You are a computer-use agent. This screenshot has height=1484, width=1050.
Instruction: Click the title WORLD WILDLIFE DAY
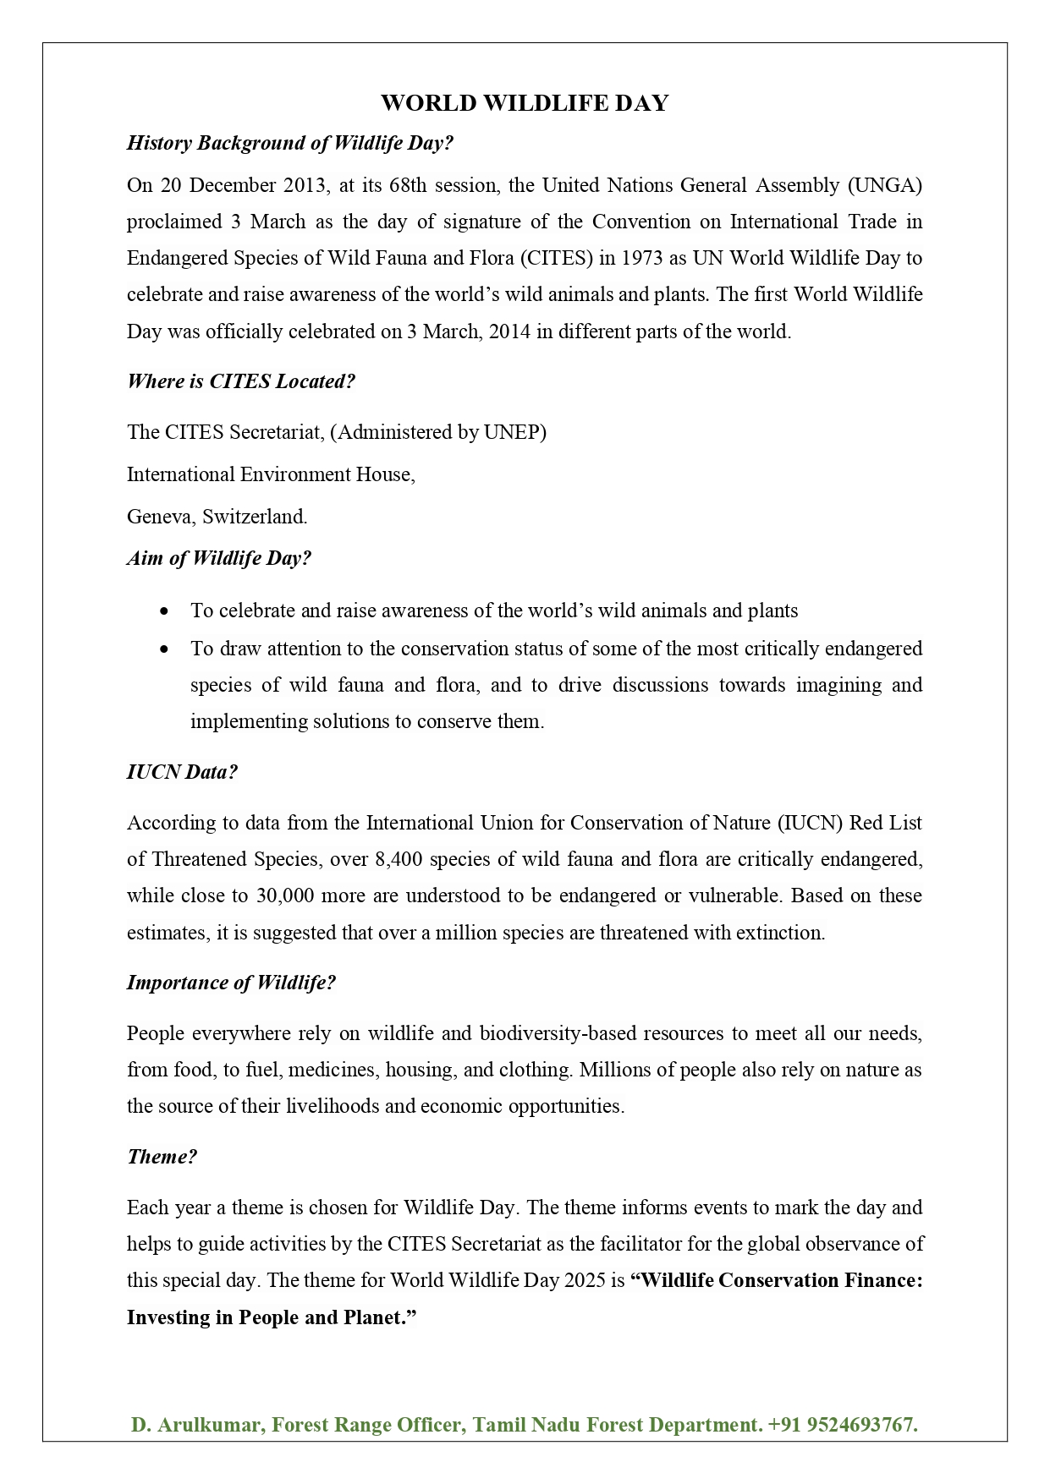[x=525, y=103]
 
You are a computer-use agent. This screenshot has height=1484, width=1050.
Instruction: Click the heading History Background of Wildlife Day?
[x=290, y=143]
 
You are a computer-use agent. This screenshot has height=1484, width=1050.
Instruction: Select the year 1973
[x=643, y=258]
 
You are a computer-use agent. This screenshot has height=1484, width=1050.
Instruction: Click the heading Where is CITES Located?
[x=241, y=381]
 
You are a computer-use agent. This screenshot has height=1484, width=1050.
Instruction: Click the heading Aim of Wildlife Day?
[x=219, y=558]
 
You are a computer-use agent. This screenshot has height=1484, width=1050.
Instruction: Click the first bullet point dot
[x=164, y=611]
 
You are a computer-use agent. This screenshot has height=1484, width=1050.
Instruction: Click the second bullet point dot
[x=164, y=649]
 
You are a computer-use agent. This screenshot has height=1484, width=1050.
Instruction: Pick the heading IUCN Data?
[x=182, y=772]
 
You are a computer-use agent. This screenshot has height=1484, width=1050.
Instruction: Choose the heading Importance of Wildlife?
[x=231, y=983]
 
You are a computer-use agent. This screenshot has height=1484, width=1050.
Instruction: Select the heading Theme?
[x=162, y=1157]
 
